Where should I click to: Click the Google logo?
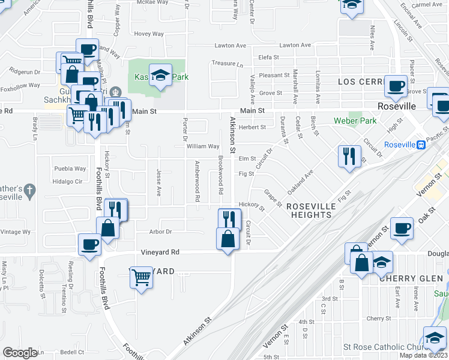point(20,353)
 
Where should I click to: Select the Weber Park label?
point(355,121)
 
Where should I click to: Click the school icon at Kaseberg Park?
point(160,75)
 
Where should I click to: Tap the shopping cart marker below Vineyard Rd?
point(141,278)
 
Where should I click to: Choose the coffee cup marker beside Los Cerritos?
point(396,86)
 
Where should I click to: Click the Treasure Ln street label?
point(228,64)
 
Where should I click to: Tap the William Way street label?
point(203,146)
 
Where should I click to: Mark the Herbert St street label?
point(252,127)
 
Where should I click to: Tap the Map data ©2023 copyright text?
point(423,355)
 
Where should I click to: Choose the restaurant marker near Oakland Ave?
point(349,156)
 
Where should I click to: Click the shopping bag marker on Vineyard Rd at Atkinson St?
point(228,239)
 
